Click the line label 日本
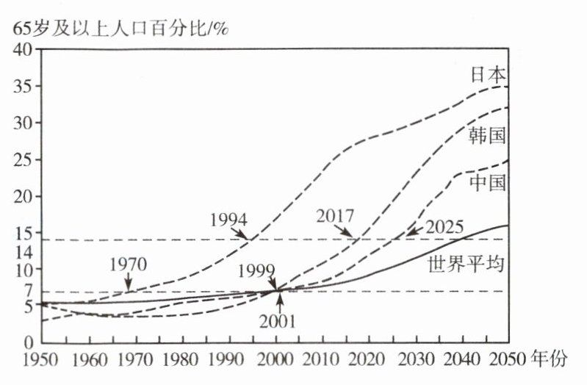488,75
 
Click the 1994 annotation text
228,220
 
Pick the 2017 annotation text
336,215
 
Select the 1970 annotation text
129,264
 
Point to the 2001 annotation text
277,320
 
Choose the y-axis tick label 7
27,290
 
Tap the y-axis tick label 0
28,343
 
